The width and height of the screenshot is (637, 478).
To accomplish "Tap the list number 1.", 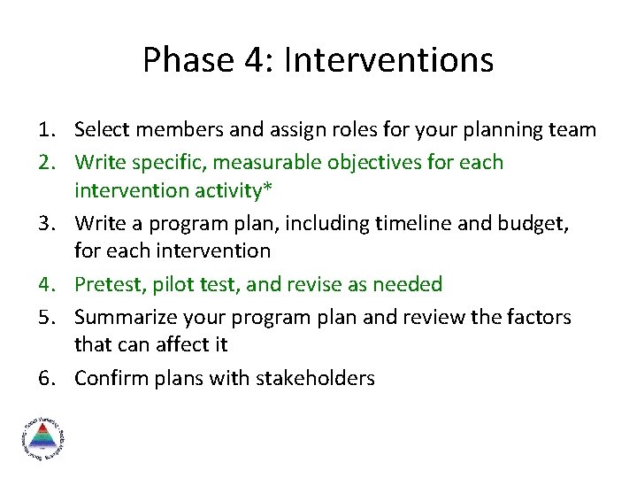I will coord(49,130).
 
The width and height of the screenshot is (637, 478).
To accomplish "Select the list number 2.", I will coord(49,162).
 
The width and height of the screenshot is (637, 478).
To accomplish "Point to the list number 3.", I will coord(49,222).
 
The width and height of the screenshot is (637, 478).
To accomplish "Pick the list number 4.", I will coord(49,284).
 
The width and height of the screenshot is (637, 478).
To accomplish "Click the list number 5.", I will coord(49,316).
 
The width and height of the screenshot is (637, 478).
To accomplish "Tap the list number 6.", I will coord(49,378).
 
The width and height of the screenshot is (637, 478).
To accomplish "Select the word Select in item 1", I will coord(101,130).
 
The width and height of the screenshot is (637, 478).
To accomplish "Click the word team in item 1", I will coord(572,130).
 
